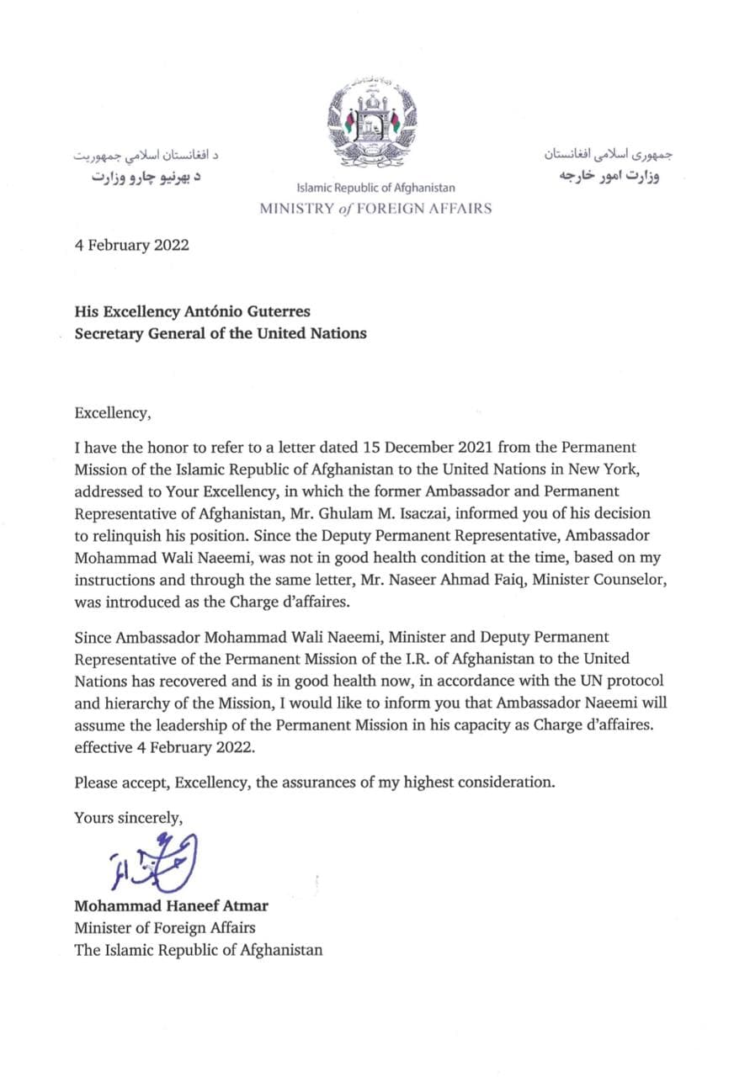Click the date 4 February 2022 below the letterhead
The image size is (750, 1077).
[x=131, y=246]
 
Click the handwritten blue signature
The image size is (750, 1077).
[x=153, y=862]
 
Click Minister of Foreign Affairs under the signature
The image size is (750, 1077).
[x=165, y=928]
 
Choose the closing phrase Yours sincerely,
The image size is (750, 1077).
[x=128, y=816]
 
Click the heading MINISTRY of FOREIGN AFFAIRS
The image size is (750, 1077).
[x=375, y=209]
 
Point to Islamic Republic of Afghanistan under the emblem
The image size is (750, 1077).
[x=375, y=188]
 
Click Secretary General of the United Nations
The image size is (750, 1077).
[x=221, y=333]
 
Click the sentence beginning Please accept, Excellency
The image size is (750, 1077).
[x=315, y=782]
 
